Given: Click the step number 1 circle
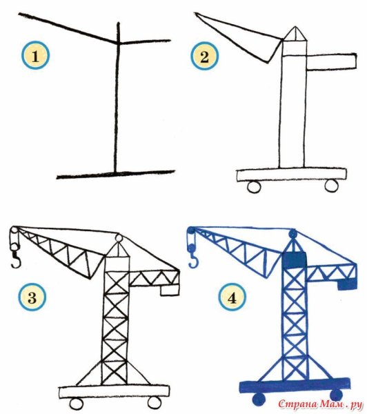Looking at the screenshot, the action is (35, 56).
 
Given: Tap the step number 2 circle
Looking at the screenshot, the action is (205, 57).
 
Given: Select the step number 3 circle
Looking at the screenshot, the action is (32, 297).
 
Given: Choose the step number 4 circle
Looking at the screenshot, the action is (232, 298).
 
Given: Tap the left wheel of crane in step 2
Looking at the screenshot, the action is (255, 187).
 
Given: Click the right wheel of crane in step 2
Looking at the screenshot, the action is (331, 185).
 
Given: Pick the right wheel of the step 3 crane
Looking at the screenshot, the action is (155, 402).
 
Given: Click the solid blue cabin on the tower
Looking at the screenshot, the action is (295, 260).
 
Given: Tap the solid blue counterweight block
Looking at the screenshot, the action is (347, 284).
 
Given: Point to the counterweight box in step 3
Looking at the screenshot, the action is (170, 290).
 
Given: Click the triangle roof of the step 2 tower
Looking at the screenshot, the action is (295, 34).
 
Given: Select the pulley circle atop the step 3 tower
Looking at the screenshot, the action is (119, 239).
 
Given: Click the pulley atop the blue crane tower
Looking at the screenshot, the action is (293, 234).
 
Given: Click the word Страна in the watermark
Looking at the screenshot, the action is (297, 404).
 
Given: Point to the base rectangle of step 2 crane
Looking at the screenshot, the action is (292, 175).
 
